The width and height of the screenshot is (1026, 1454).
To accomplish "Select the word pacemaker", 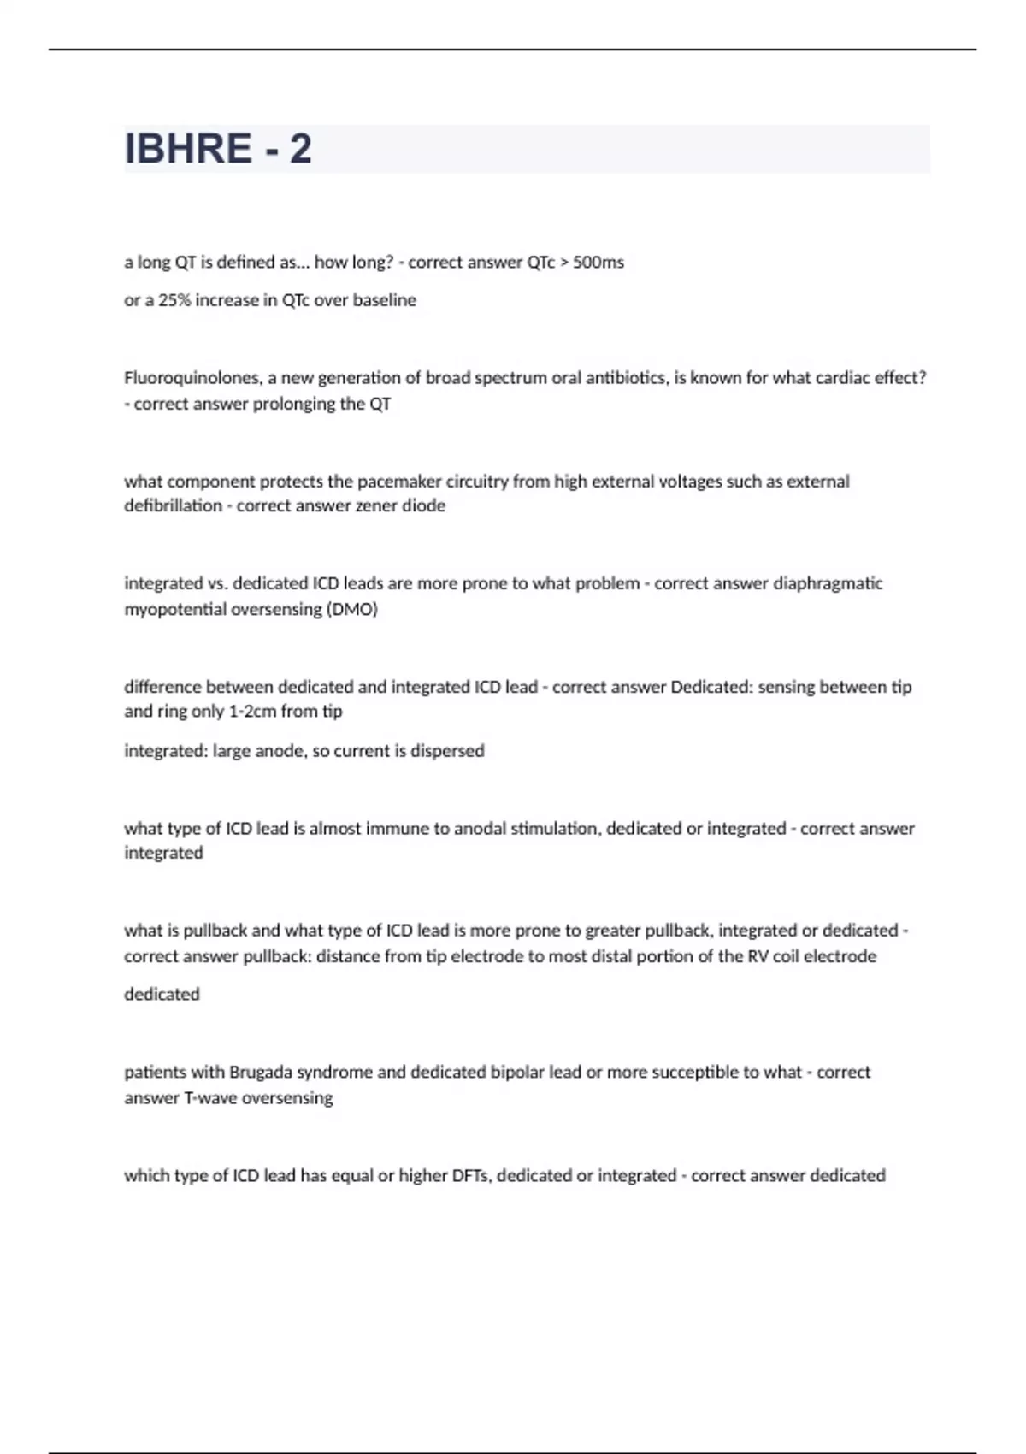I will [x=395, y=482].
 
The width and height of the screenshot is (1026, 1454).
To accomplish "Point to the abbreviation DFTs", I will [x=469, y=1176].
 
